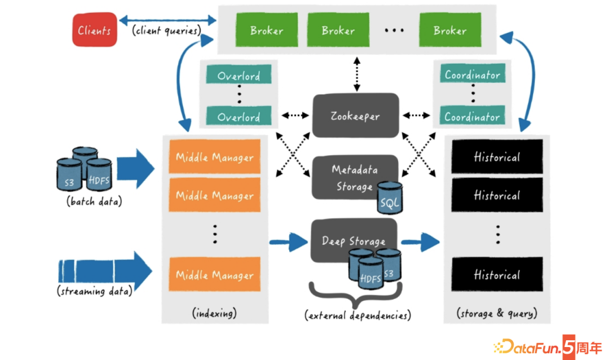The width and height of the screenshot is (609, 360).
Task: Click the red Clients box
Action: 94,30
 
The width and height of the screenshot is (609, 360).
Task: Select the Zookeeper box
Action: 355,116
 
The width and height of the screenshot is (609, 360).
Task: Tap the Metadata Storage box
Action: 354,177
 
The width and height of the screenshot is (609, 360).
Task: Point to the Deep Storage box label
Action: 354,241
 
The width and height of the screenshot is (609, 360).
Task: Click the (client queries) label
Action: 167,31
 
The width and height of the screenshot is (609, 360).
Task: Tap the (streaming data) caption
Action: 94,291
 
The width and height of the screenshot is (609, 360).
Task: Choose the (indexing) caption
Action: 214,313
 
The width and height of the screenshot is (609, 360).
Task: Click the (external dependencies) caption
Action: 357,315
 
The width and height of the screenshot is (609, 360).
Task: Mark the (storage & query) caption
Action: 496,313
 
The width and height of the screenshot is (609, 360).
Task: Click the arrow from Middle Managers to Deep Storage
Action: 288,242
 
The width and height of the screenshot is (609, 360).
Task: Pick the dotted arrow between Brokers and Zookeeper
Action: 356,73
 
